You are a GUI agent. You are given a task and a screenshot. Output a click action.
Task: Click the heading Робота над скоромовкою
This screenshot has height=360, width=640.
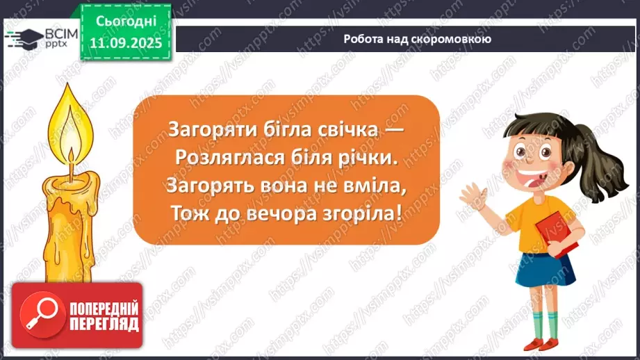click(417, 39)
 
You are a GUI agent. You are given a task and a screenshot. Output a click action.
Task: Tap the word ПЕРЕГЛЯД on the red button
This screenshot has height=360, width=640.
click(104, 325)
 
